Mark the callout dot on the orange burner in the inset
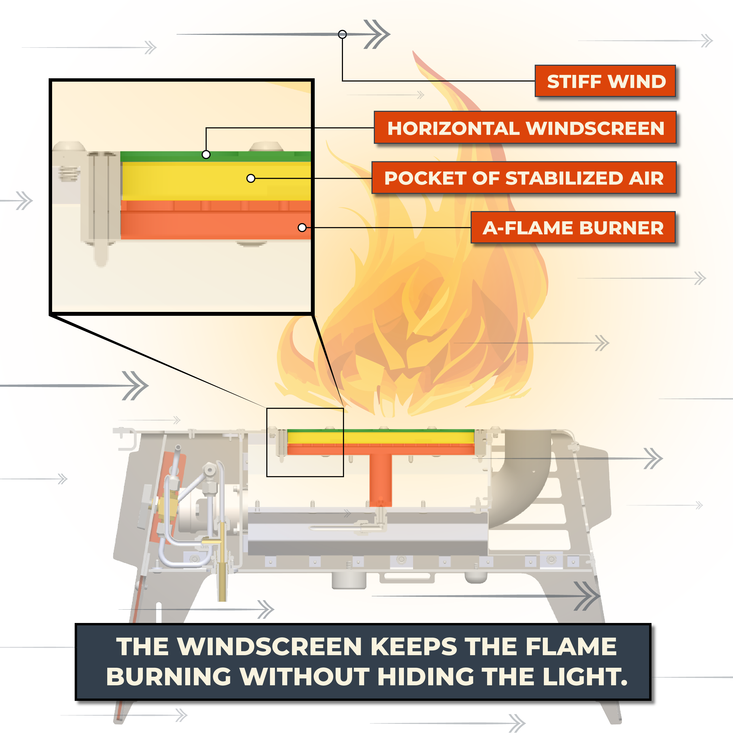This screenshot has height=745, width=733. [x=302, y=228]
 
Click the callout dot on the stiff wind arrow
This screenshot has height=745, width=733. [x=342, y=35]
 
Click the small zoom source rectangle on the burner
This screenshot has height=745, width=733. [x=305, y=442]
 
